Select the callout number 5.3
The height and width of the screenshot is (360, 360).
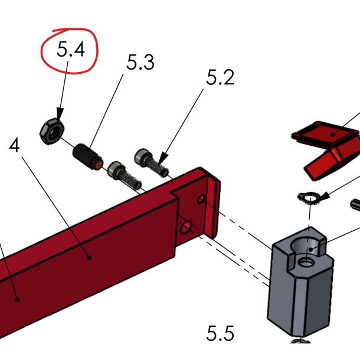[x=140, y=62]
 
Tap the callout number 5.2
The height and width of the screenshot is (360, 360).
[x=220, y=77]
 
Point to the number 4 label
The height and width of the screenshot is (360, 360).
[x=15, y=146]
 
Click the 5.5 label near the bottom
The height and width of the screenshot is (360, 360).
[x=220, y=333]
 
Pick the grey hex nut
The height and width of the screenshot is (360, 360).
[x=50, y=131]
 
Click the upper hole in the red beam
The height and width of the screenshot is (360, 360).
[x=201, y=200]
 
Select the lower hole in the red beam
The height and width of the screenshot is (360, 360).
[x=186, y=226]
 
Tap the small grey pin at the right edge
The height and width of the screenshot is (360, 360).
[x=356, y=205]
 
